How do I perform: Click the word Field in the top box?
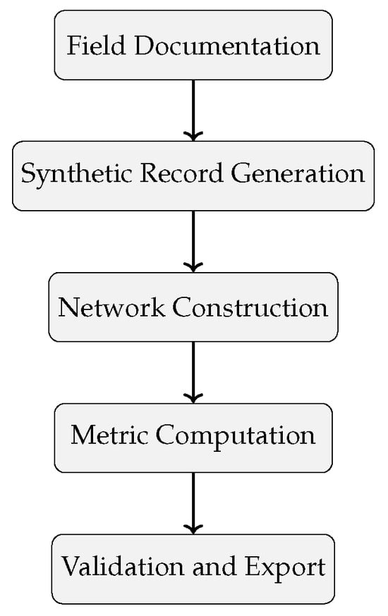[x=96, y=45]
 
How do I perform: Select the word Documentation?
[x=227, y=45]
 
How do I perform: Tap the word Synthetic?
[x=76, y=174]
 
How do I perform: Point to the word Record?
[x=181, y=173]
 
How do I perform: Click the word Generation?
[x=298, y=173]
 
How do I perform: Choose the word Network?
[x=111, y=307]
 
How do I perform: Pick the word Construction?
[x=250, y=307]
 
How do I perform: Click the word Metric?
[x=109, y=435]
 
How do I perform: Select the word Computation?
[x=236, y=436]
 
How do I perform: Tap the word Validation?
[x=122, y=566]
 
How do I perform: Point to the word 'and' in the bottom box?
[x=214, y=566]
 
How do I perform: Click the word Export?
[x=286, y=567]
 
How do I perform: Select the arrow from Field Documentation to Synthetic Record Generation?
[x=193, y=111]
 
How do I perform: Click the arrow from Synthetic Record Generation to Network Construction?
[x=193, y=241]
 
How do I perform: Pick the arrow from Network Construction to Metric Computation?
[x=193, y=372]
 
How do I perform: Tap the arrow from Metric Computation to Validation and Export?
[x=193, y=503]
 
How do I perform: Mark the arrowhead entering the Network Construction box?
[x=193, y=267]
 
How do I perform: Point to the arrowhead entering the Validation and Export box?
[x=193, y=529]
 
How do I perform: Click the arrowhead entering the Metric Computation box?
[x=193, y=398]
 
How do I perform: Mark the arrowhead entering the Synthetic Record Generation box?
[x=193, y=136]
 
